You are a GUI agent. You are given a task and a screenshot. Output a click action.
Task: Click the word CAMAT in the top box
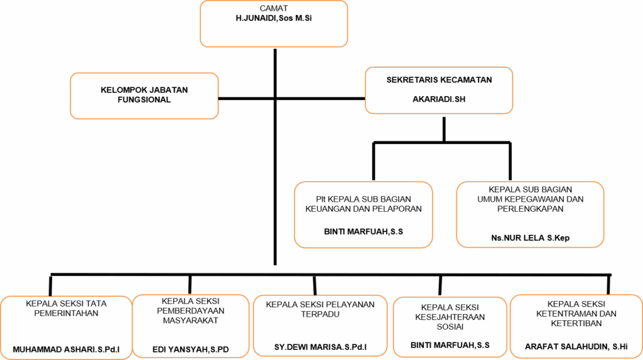pyautogui.click(x=274, y=8)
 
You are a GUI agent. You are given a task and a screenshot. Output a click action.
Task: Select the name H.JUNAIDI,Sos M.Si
pyautogui.click(x=274, y=18)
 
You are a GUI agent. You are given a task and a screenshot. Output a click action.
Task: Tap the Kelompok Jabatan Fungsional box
pyautogui.click(x=144, y=96)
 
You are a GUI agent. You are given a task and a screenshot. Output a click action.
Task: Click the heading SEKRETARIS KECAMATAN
pyautogui.click(x=439, y=80)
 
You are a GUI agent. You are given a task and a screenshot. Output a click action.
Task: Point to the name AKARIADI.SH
pyautogui.click(x=439, y=99)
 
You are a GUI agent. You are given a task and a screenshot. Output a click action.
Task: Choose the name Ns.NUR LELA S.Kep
pyautogui.click(x=530, y=237)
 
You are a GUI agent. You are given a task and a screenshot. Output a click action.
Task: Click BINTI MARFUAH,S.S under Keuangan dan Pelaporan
pyautogui.click(x=364, y=232)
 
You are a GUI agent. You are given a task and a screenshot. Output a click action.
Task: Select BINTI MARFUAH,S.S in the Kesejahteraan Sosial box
pyautogui.click(x=450, y=345)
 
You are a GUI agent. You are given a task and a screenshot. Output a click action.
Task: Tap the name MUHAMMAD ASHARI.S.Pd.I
pyautogui.click(x=66, y=350)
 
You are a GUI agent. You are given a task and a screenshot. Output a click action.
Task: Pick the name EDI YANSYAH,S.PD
pyautogui.click(x=191, y=350)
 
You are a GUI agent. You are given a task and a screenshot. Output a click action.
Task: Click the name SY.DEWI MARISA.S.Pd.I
pyautogui.click(x=320, y=347)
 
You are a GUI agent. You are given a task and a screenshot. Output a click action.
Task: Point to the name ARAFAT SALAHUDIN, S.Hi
pyautogui.click(x=576, y=347)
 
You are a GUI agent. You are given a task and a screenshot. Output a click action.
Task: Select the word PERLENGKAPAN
pyautogui.click(x=530, y=209)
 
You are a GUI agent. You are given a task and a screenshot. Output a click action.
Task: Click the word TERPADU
pyautogui.click(x=320, y=314)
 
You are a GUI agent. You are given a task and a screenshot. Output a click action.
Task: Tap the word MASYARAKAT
pyautogui.click(x=191, y=320)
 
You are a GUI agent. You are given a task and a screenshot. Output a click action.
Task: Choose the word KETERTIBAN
pyautogui.click(x=576, y=324)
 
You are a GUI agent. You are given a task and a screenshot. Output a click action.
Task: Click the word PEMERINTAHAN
pyautogui.click(x=66, y=314)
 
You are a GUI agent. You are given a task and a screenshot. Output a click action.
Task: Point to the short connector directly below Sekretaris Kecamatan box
pyautogui.click(x=444, y=129)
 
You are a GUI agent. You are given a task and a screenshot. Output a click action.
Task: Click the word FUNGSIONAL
pyautogui.click(x=144, y=100)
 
